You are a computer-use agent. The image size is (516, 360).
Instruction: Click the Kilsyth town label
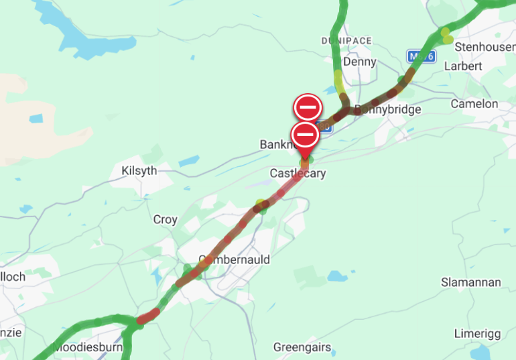tap(139, 171)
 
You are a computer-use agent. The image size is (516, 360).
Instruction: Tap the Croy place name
tap(166, 219)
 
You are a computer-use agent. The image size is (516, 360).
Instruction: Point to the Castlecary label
tap(298, 174)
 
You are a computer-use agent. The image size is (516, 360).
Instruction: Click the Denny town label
tap(359, 62)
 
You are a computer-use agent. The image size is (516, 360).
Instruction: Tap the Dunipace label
tap(346, 41)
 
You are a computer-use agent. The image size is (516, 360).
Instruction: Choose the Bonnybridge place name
tap(389, 109)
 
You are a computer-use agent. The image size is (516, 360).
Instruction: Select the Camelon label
tap(474, 104)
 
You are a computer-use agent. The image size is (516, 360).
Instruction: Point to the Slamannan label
tap(470, 282)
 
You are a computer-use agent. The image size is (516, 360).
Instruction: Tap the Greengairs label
tap(303, 347)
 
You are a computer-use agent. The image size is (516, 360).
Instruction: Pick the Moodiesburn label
tap(86, 348)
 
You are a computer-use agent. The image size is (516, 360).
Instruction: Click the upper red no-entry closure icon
tap(308, 107)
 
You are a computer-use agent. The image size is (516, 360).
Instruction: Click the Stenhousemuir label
tap(485, 48)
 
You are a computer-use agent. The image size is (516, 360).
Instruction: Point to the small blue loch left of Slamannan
tap(336, 276)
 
